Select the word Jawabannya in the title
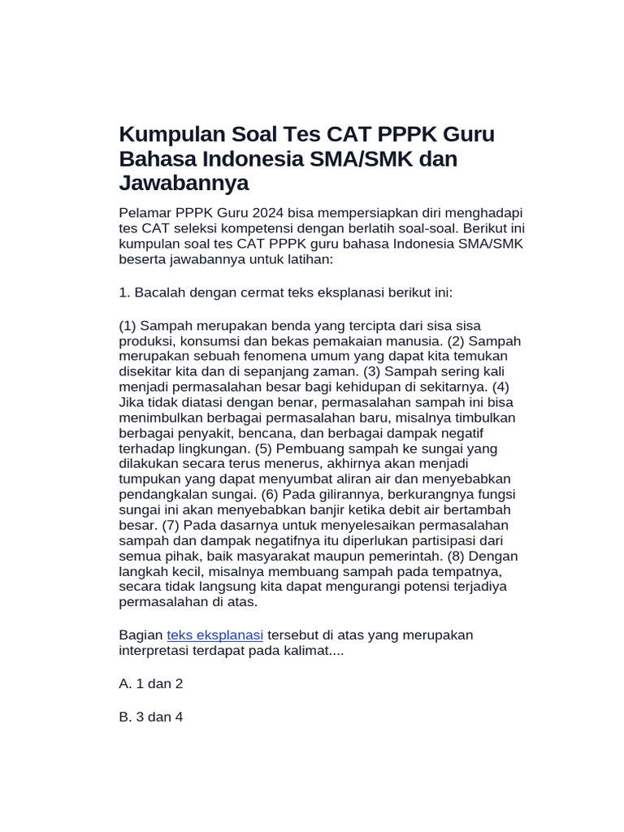tap(184, 184)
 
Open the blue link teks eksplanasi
tap(215, 635)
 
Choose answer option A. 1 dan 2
tap(151, 684)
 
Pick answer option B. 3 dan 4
tap(151, 718)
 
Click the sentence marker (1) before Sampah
tap(128, 326)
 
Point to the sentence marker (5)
tap(264, 448)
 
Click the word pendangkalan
tap(158, 495)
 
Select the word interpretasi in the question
tap(154, 651)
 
